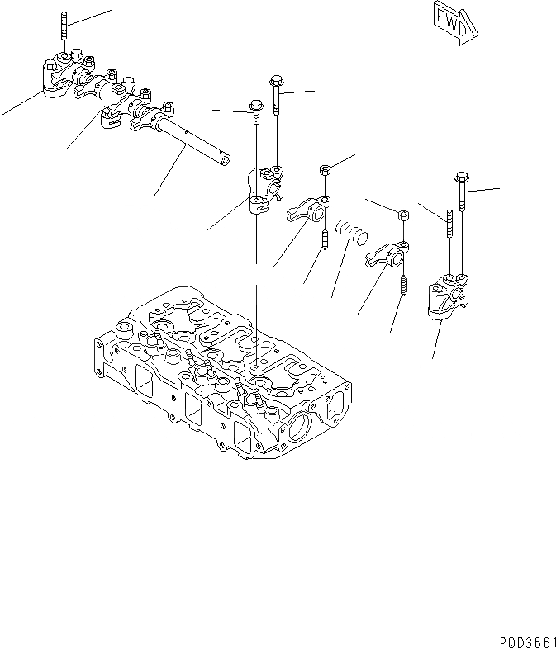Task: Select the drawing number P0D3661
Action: coord(525,640)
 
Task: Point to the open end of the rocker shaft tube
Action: coord(221,158)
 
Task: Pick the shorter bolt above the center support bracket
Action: coord(255,113)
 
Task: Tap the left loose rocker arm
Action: coord(308,211)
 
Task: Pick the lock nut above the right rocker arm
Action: coord(403,216)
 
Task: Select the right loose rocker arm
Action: coord(387,254)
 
